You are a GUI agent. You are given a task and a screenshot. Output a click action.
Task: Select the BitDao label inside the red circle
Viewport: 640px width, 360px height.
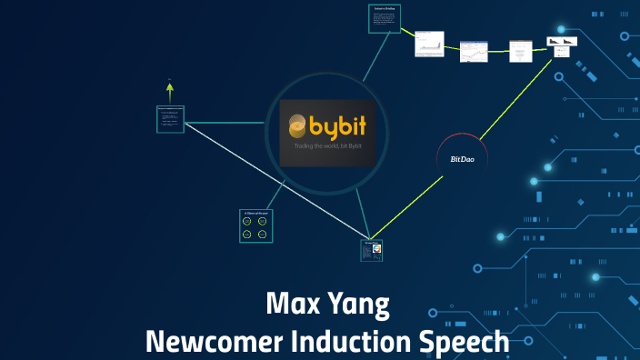click(462, 159)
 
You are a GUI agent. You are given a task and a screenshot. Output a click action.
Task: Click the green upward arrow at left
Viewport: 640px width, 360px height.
click(169, 89)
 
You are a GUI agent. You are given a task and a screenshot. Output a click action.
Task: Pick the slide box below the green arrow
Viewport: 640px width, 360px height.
click(170, 119)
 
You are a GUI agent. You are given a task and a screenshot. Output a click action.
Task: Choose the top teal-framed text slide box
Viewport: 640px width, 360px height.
click(383, 19)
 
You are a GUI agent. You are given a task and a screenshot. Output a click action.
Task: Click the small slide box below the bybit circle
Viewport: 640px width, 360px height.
click(371, 250)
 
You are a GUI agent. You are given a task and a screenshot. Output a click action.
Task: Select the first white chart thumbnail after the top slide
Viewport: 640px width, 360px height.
click(429, 45)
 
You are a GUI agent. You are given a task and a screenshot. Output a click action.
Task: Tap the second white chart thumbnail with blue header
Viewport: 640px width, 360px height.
click(473, 51)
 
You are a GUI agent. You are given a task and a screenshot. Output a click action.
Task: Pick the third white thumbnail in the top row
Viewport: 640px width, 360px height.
click(520, 51)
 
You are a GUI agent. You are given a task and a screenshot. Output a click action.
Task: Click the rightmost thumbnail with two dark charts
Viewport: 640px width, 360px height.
click(562, 46)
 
